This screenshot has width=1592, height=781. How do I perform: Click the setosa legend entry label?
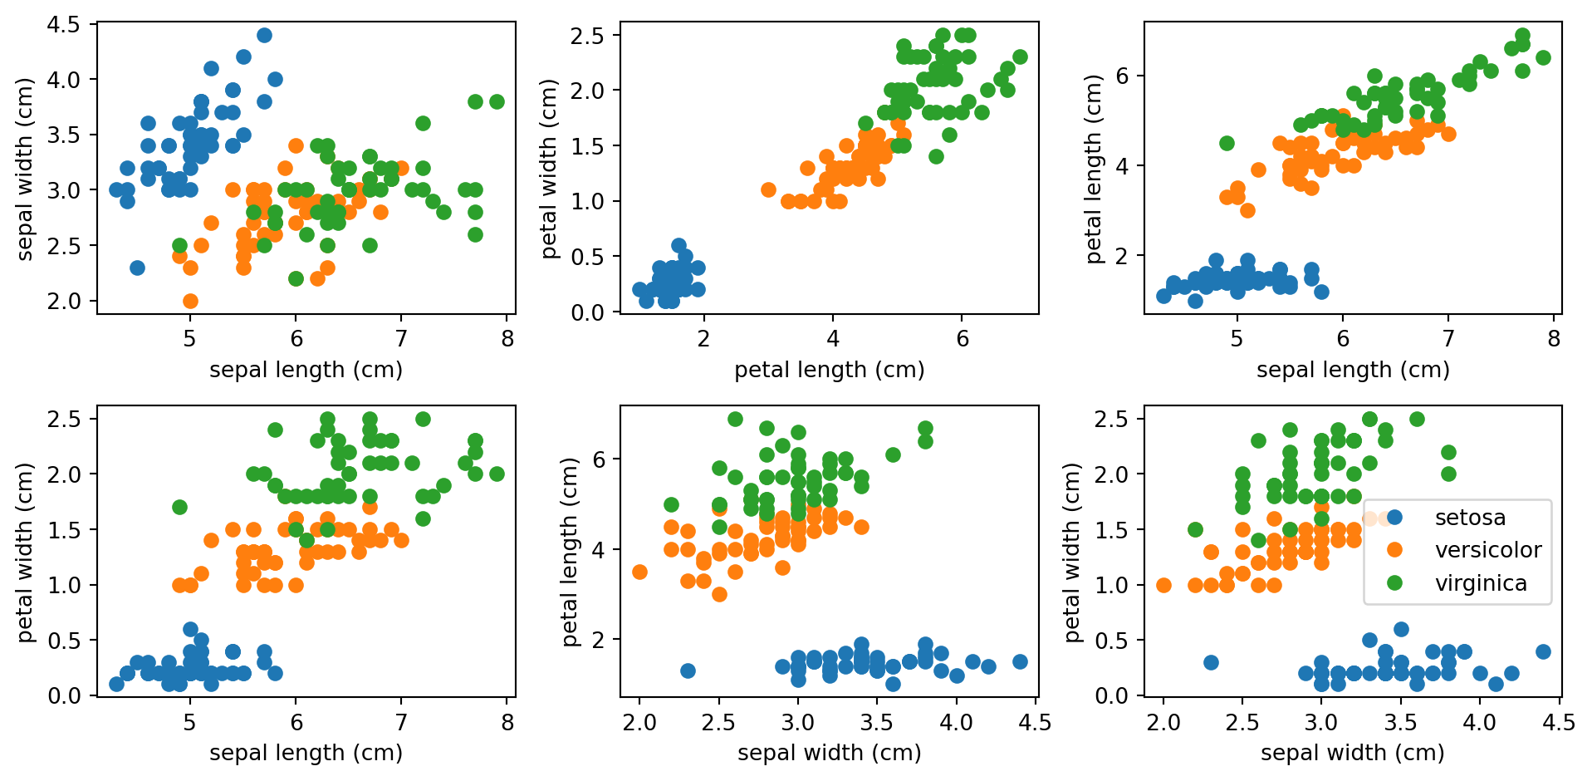(x=1469, y=518)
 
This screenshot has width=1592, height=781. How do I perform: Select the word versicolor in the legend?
(x=1487, y=550)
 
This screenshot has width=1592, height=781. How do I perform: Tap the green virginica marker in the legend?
(x=1394, y=583)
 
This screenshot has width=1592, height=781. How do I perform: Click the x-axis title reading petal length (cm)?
(x=829, y=370)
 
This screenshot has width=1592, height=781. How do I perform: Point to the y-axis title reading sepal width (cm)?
(x=25, y=169)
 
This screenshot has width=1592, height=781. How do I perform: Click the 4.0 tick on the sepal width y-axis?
(x=63, y=80)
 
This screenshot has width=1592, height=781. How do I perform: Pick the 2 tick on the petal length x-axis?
(x=703, y=339)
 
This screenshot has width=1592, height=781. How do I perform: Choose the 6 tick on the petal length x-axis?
(x=963, y=339)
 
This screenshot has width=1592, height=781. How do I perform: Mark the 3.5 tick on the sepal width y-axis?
(x=63, y=135)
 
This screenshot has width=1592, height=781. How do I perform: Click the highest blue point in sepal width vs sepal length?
(x=264, y=35)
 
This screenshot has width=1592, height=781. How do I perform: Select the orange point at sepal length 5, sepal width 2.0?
(x=190, y=301)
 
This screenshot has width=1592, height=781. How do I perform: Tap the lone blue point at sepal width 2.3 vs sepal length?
(x=137, y=268)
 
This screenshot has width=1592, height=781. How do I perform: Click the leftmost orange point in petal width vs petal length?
(x=768, y=189)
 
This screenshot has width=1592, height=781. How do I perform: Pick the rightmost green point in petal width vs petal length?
(x=1020, y=56)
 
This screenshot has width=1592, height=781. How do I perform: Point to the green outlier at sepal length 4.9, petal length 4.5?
(x=1227, y=143)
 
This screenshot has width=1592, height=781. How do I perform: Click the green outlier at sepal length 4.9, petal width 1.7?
(x=179, y=507)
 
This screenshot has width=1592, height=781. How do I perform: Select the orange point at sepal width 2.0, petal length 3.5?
(x=639, y=572)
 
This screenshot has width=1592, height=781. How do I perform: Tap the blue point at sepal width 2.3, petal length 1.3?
(x=688, y=670)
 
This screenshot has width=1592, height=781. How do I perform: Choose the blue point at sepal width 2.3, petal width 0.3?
(x=1211, y=662)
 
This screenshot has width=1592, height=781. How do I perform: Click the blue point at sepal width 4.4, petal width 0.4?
(x=1543, y=651)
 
